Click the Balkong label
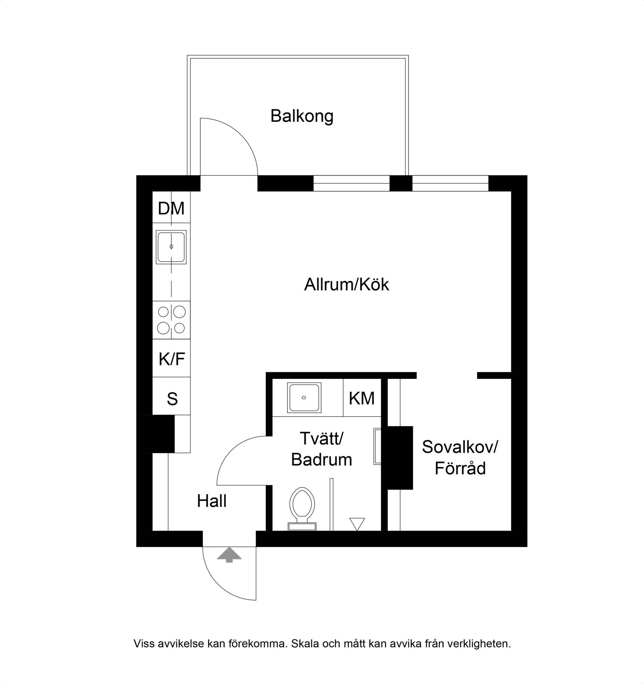(302, 116)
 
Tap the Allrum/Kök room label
(346, 285)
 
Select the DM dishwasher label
(171, 208)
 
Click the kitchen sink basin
(171, 247)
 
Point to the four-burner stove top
(171, 320)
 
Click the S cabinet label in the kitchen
(172, 399)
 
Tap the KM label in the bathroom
(361, 398)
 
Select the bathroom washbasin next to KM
(304, 397)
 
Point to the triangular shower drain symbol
(357, 524)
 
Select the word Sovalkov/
(460, 447)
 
